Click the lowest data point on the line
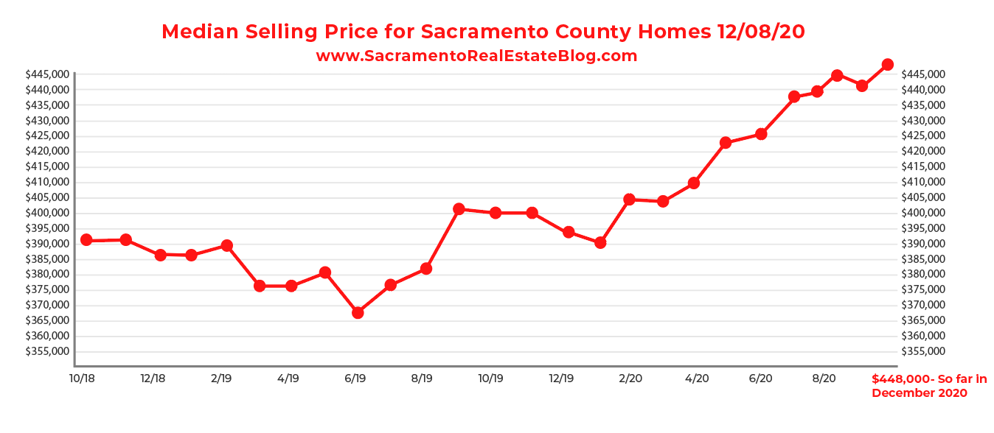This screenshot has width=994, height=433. click(x=358, y=312)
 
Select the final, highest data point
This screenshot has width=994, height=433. click(x=887, y=65)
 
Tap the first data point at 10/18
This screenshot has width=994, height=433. click(x=86, y=240)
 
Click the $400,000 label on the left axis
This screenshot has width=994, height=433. click(x=47, y=213)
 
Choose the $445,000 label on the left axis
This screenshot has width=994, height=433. click(x=47, y=74)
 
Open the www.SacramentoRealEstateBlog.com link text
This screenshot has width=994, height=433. click(x=476, y=56)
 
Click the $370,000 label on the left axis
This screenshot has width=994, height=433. click(x=47, y=305)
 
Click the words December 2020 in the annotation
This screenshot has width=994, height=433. click(x=919, y=393)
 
